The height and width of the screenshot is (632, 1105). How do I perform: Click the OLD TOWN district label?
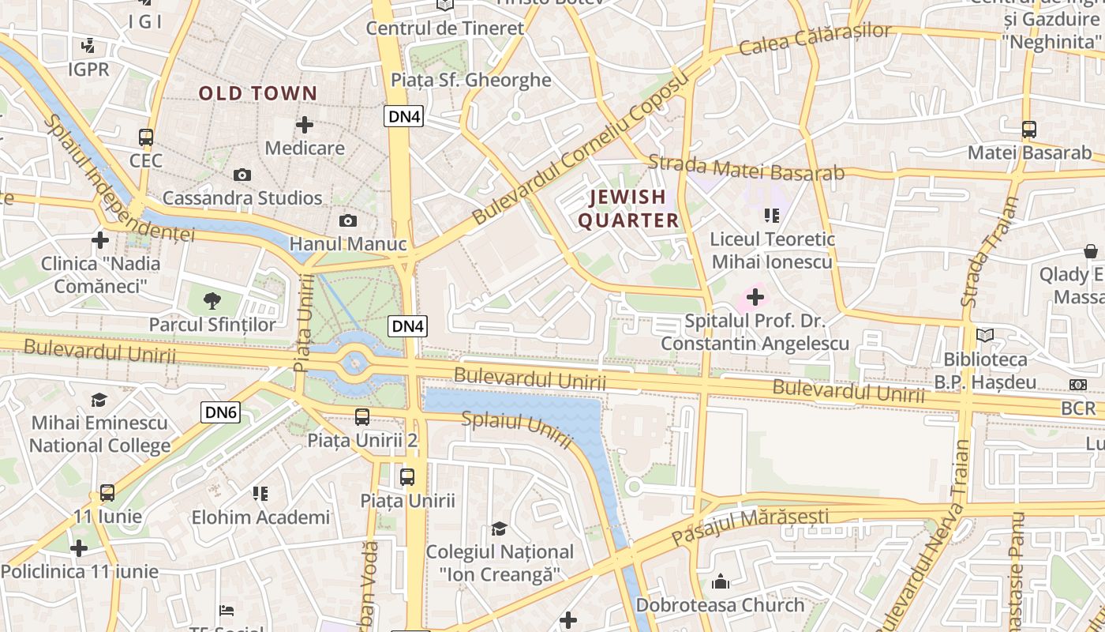click(257, 93)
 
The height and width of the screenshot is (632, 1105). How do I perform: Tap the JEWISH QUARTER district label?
click(628, 209)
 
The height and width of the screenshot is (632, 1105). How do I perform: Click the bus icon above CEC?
click(146, 137)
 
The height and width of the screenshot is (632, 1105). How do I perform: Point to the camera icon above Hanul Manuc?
click(347, 221)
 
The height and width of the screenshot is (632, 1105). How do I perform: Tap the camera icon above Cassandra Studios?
click(242, 175)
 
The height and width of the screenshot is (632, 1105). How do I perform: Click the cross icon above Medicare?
click(305, 125)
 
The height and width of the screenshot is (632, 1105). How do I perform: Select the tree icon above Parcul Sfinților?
click(212, 300)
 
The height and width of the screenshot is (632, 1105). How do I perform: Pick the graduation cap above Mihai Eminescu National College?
click(99, 400)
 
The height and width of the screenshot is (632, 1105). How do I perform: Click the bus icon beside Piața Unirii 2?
click(362, 416)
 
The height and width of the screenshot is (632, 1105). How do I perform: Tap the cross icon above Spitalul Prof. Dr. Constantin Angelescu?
click(755, 297)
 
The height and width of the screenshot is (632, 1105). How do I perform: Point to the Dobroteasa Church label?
click(721, 605)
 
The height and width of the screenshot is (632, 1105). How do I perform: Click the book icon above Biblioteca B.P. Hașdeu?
click(985, 336)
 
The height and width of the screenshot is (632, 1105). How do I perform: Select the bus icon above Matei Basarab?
click(1028, 130)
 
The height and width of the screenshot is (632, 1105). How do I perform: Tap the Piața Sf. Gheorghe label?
click(471, 80)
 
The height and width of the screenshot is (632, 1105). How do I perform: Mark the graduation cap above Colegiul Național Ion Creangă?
click(499, 528)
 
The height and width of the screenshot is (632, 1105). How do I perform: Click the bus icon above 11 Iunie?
click(107, 493)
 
